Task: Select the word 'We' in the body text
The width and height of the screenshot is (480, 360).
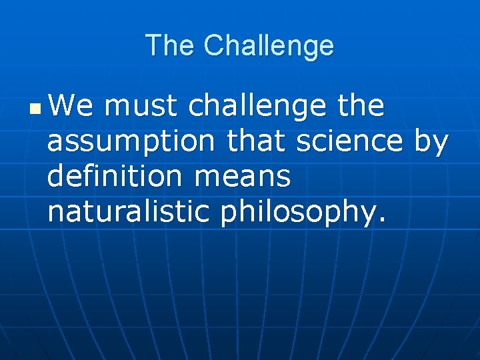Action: point(71,106)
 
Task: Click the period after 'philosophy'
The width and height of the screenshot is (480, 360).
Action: point(381,220)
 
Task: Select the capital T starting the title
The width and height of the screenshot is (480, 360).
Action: point(153,46)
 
